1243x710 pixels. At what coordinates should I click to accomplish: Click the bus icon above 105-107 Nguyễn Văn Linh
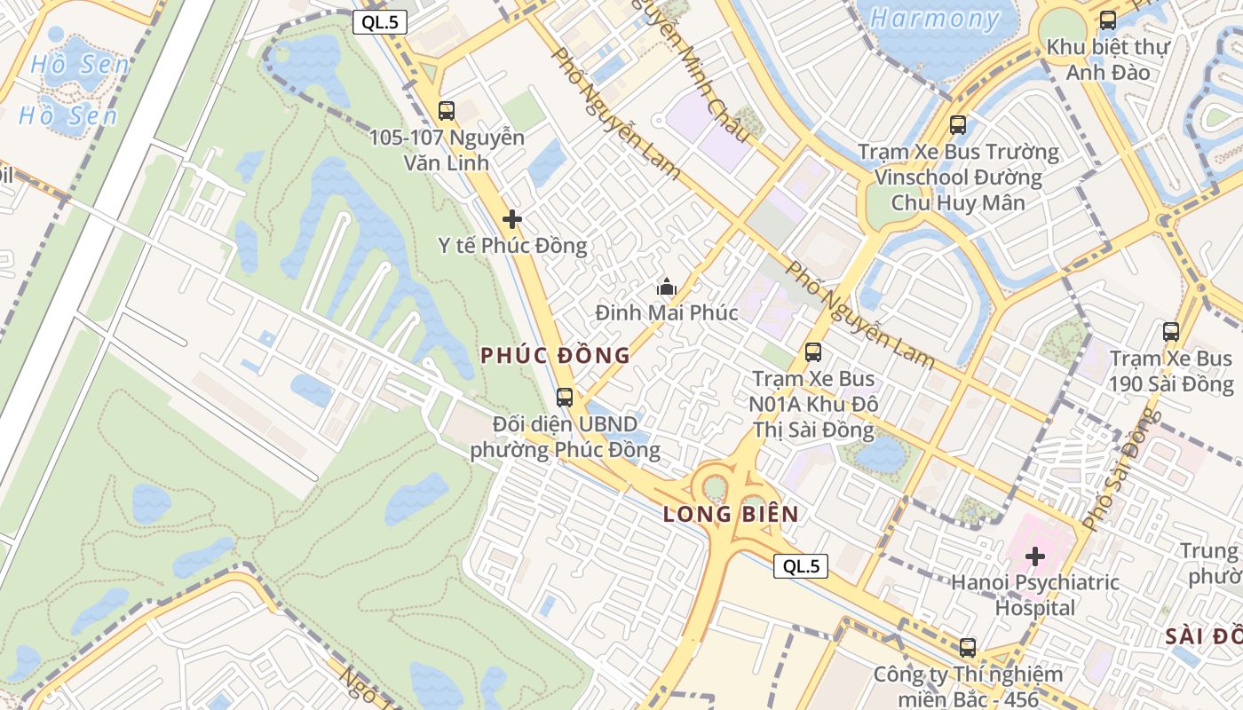point(447,111)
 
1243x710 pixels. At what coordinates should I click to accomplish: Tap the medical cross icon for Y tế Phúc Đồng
point(512,219)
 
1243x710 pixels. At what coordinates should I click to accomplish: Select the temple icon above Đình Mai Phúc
point(666,287)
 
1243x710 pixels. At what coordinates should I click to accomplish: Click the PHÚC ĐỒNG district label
point(555,356)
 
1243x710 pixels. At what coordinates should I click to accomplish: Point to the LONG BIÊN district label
point(731,514)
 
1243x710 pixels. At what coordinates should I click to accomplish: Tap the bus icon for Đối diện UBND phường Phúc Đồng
point(565,398)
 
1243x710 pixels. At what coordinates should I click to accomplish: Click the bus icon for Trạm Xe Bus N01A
point(813,352)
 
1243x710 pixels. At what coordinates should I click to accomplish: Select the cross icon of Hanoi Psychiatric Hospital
point(1035,557)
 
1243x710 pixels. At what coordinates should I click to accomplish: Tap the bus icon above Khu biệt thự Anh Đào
point(1108,20)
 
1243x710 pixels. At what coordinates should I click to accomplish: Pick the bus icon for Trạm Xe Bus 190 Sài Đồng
point(1172,333)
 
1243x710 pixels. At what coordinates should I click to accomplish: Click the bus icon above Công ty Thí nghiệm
point(968,648)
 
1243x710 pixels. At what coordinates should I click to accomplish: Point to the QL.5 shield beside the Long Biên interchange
point(800,566)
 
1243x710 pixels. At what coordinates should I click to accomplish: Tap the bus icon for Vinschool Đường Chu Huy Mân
point(957,125)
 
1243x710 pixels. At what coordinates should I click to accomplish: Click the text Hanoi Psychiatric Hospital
point(1034,596)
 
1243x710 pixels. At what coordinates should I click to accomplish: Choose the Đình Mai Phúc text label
point(666,313)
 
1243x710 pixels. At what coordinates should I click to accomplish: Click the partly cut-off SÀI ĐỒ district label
point(1203,636)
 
